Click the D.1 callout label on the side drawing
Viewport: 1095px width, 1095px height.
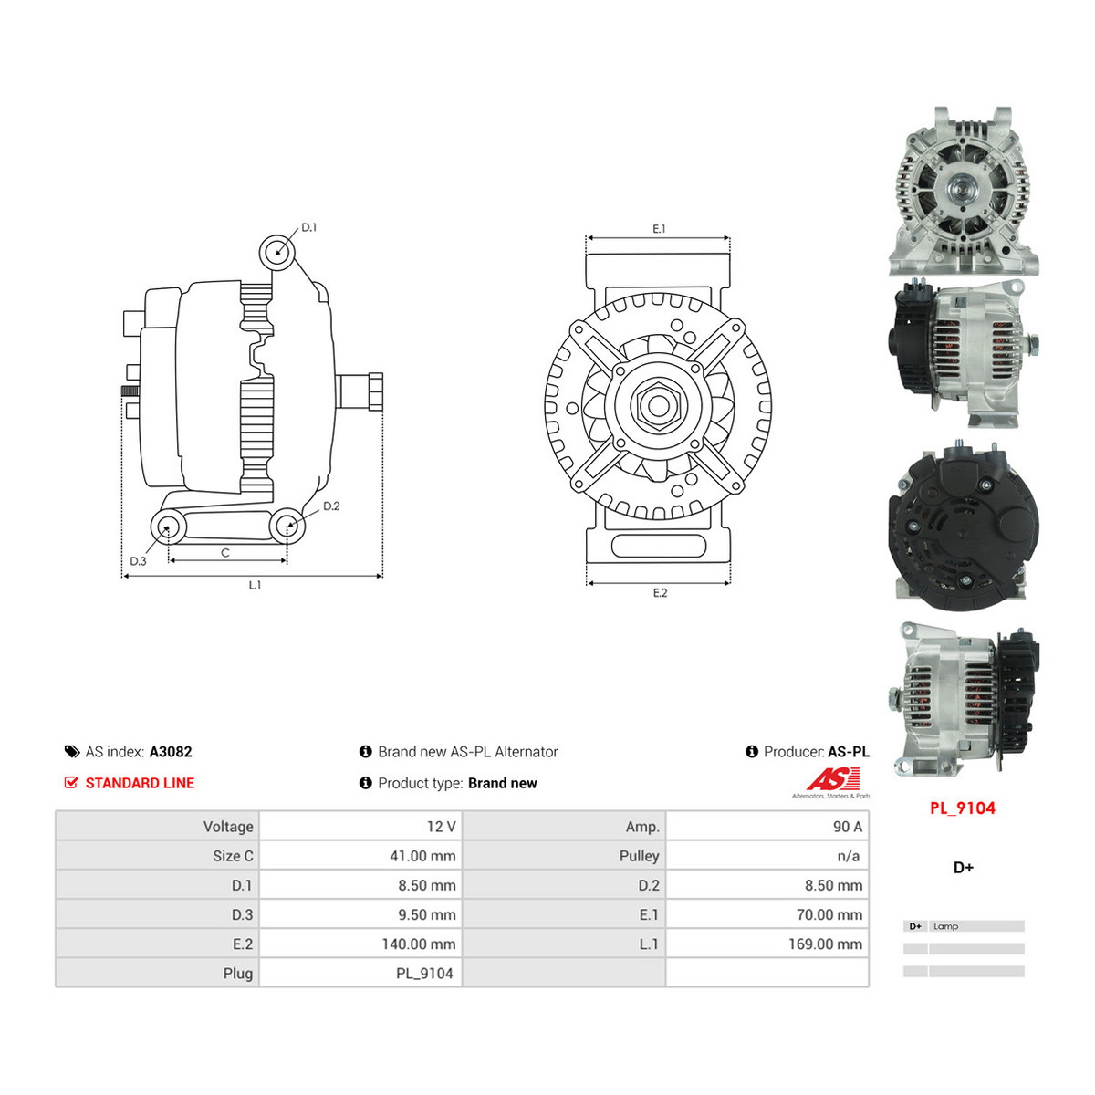tap(308, 227)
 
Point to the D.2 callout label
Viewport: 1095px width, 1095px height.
tap(331, 506)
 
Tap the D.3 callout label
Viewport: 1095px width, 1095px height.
tap(138, 561)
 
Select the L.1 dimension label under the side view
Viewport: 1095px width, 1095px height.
tap(255, 585)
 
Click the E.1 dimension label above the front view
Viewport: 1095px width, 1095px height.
tap(659, 228)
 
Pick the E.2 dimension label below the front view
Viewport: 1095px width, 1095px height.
tap(660, 593)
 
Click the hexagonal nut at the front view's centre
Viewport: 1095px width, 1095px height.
tap(659, 406)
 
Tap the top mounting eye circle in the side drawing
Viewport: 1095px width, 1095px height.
tap(277, 252)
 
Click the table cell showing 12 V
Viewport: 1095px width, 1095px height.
tap(360, 826)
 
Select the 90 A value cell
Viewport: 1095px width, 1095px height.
tap(767, 826)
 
